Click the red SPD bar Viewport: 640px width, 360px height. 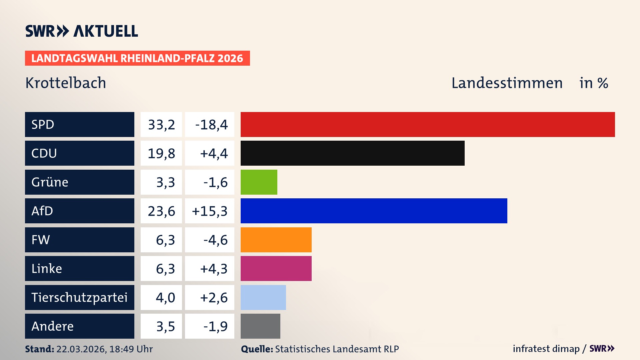[428, 124]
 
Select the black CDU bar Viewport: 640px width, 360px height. [352, 153]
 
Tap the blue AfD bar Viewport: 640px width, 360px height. [374, 211]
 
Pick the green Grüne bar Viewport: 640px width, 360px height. [259, 182]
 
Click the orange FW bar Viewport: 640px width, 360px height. [276, 240]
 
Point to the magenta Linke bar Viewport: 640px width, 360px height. [276, 269]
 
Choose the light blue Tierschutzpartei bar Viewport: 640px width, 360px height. [263, 297]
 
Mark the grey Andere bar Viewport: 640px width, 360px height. [260, 326]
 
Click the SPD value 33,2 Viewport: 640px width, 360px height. [161, 125]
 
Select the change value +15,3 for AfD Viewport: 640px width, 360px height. [210, 211]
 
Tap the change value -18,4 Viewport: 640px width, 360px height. [211, 125]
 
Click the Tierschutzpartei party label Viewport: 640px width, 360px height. [79, 297]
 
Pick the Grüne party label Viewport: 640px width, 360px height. [50, 182]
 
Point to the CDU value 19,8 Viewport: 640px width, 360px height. [161, 153]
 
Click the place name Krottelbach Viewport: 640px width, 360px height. [66, 83]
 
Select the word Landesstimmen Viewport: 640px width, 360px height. [507, 83]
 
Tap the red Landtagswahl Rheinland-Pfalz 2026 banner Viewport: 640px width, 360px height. [137, 58]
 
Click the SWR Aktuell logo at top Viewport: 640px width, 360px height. [82, 31]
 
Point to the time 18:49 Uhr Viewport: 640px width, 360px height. [131, 349]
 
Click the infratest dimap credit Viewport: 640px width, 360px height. [546, 349]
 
